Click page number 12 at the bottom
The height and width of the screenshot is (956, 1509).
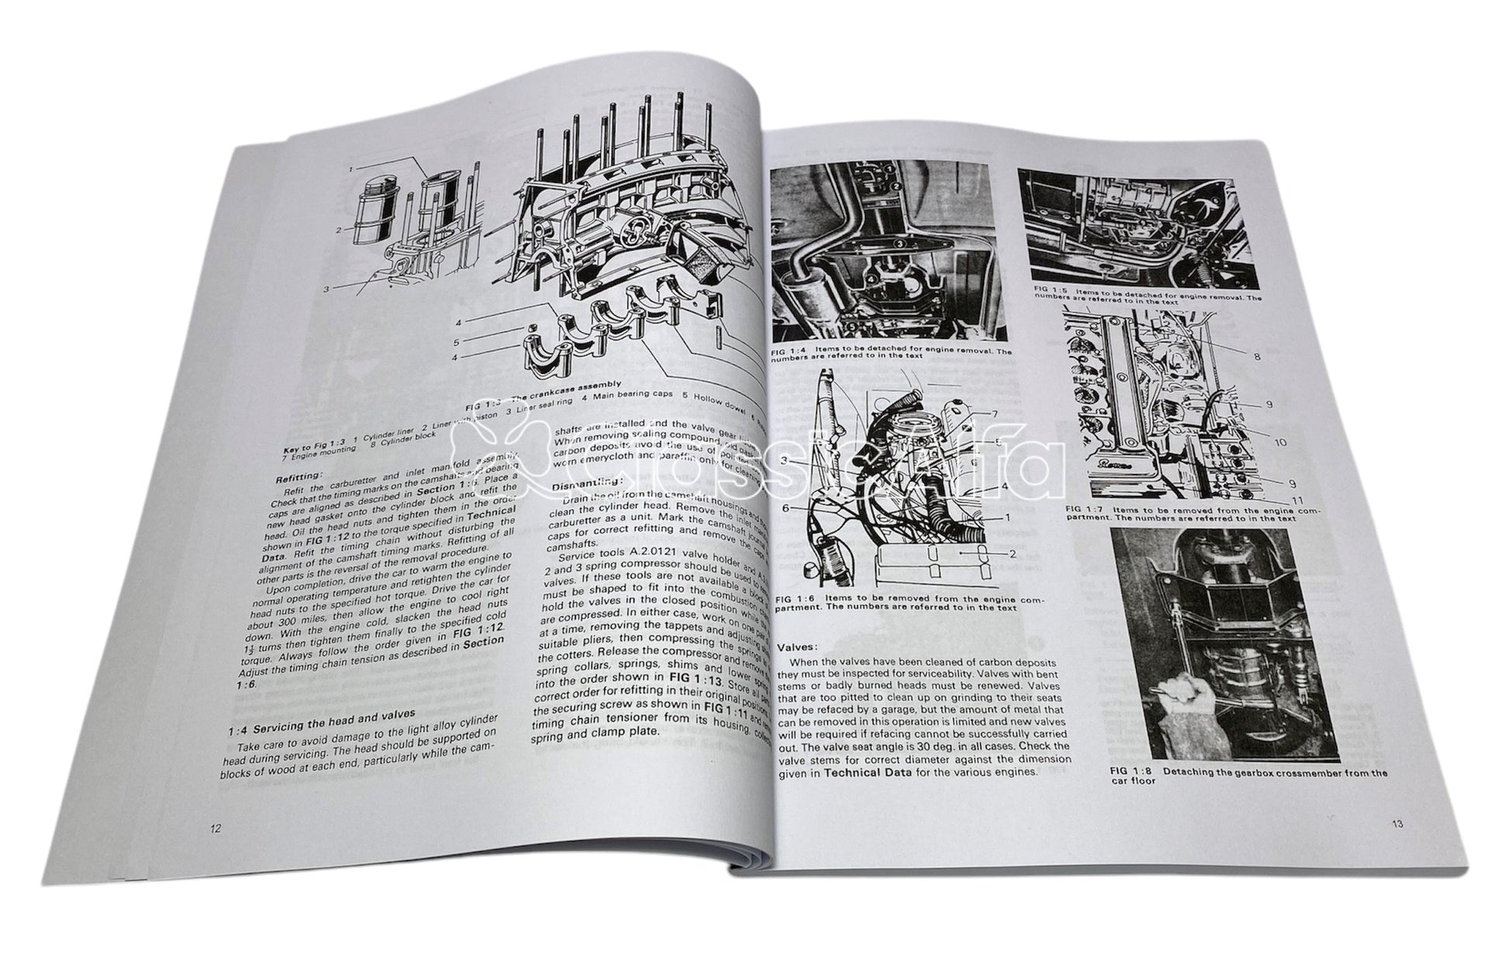pyautogui.click(x=216, y=828)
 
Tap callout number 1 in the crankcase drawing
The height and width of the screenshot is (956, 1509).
pyautogui.click(x=351, y=168)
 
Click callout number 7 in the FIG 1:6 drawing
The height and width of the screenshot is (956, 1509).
pyautogui.click(x=995, y=414)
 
